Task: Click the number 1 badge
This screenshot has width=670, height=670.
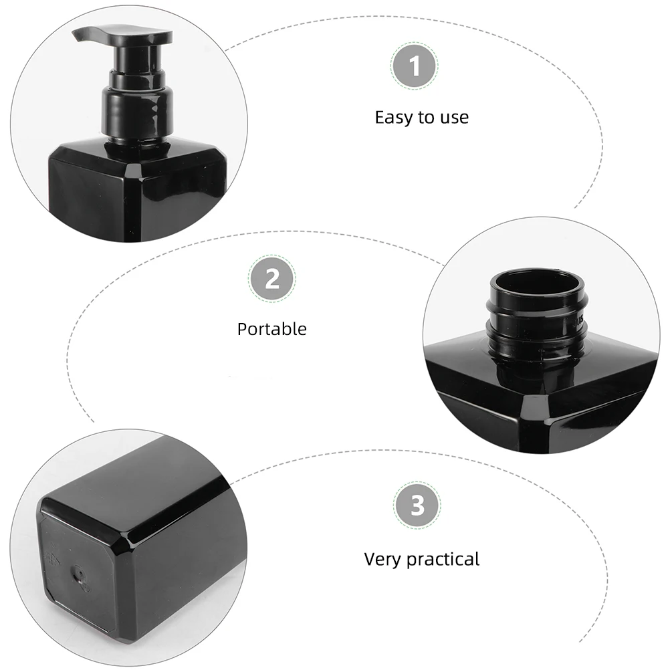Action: click(415, 67)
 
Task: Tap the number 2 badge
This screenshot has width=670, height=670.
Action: click(272, 278)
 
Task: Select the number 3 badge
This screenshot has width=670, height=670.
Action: click(417, 506)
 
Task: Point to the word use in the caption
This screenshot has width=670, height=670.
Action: click(454, 118)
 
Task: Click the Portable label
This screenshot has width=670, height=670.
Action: click(272, 329)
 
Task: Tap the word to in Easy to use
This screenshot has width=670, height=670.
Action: click(427, 118)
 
